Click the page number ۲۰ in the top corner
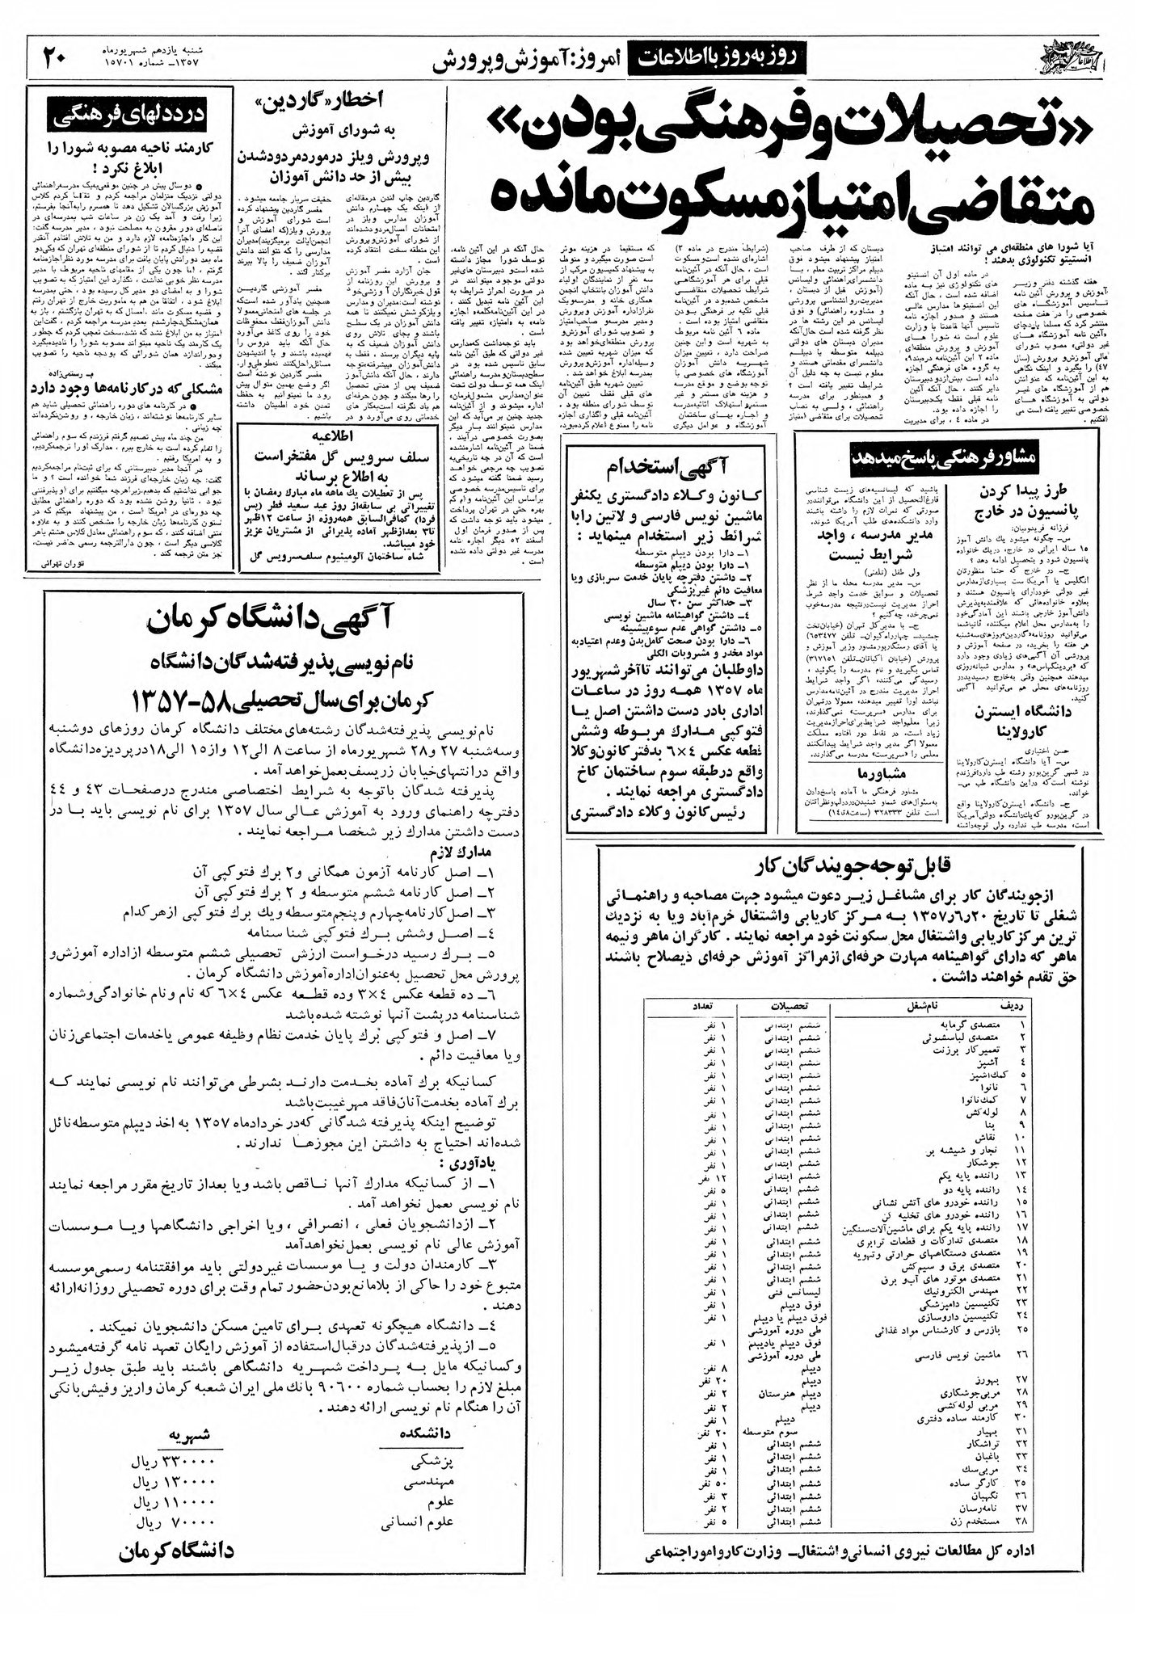click(58, 58)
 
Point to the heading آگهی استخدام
click(672, 466)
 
